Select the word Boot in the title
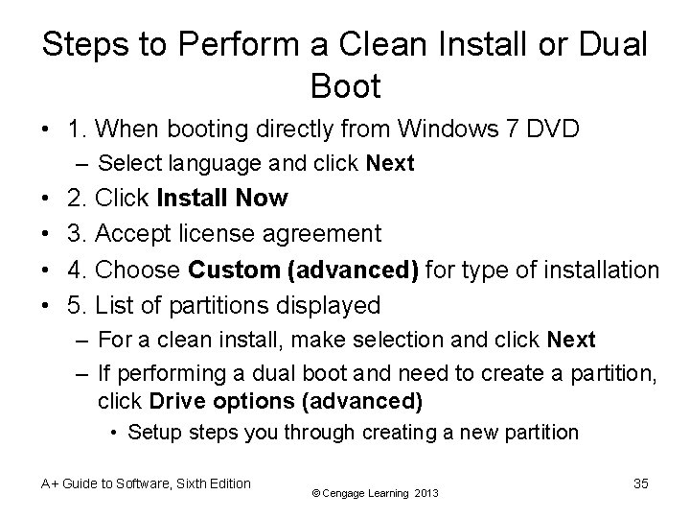click(x=345, y=87)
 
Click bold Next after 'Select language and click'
click(x=390, y=164)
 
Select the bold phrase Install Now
click(x=220, y=199)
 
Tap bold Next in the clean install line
click(x=571, y=340)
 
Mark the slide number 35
click(x=641, y=484)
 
